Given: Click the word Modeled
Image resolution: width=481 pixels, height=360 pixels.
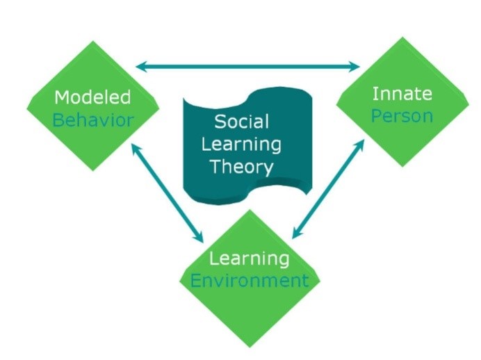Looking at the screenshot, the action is point(92,97).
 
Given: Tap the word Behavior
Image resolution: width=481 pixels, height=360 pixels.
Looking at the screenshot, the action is point(93,120).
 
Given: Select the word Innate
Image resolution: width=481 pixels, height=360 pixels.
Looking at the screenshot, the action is point(402,94).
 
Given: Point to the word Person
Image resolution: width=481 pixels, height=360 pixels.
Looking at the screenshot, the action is point(402,116).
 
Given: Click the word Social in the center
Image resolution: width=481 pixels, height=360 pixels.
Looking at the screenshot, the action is point(242,122).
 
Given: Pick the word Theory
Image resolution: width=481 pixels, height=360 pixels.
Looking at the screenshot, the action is point(242,167).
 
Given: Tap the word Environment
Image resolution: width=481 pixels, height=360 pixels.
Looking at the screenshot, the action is point(250,281).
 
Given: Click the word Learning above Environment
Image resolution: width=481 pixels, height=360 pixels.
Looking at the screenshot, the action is point(250,259).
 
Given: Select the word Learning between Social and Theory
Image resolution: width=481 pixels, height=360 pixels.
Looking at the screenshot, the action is point(241,144).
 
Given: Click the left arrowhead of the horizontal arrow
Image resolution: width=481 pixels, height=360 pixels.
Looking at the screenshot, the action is point(140,66).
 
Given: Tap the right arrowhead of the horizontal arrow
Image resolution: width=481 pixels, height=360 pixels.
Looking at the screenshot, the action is point(355,66).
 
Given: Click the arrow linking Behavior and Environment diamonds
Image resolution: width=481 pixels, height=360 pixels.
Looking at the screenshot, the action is point(168,193).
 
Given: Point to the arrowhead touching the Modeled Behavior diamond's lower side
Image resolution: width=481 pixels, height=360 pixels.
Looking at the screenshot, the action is point(135,149).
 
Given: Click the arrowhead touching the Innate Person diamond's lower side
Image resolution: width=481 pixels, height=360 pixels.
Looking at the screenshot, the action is point(361,145).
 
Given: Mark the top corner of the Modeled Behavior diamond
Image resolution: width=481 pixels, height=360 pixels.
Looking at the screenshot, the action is point(93,40).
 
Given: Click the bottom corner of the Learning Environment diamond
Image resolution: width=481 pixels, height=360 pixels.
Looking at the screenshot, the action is point(250,347).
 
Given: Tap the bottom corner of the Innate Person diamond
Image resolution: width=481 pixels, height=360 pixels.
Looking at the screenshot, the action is point(402,167).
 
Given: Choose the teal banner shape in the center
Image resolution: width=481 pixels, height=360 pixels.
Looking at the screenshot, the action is point(248,146).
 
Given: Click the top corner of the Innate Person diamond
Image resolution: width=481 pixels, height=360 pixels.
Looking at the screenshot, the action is point(402,37).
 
